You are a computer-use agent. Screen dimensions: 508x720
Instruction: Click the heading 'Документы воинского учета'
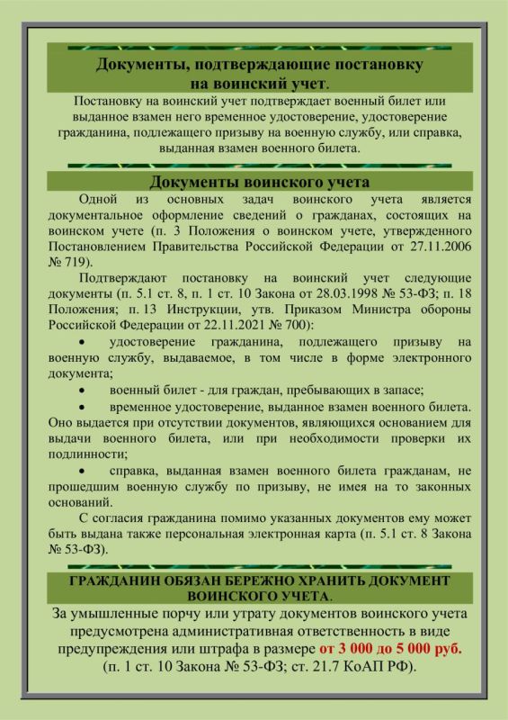(x=254, y=183)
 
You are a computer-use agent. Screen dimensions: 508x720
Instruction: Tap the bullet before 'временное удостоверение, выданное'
(x=84, y=407)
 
